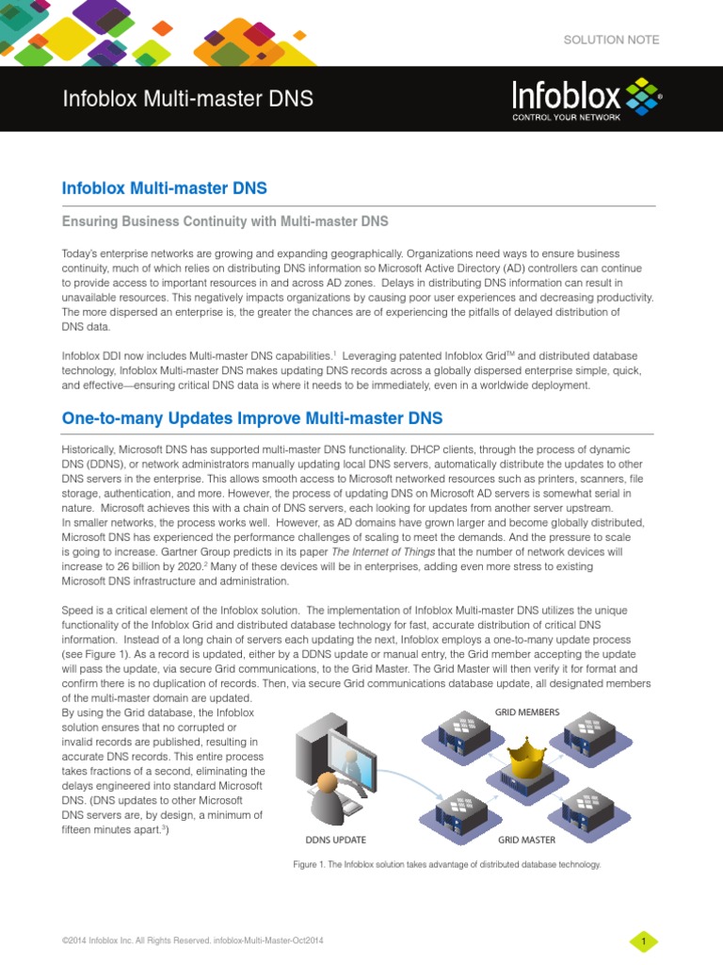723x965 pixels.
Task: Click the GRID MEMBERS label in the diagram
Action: (x=526, y=712)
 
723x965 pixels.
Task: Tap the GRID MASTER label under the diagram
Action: (x=526, y=840)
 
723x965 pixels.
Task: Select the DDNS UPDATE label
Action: (x=335, y=840)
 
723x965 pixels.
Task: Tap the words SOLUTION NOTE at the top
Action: (x=611, y=40)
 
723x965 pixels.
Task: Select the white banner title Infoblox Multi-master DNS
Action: (x=187, y=99)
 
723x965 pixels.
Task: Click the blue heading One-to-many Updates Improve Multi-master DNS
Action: (x=251, y=417)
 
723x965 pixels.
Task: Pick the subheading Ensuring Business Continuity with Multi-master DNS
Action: (x=225, y=221)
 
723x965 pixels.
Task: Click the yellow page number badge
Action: (x=643, y=941)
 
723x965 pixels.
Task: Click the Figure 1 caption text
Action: (x=447, y=864)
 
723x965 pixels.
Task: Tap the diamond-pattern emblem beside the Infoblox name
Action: (x=641, y=95)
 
